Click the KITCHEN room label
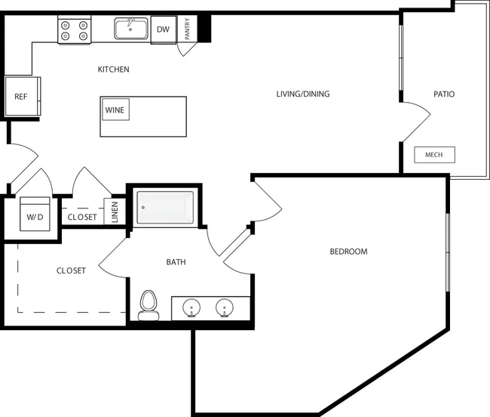[113, 69]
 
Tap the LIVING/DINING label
[302, 94]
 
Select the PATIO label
[443, 94]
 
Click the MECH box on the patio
[434, 155]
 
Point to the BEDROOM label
[348, 252]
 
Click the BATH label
[176, 262]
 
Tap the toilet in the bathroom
[148, 305]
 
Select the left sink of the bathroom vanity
[191, 308]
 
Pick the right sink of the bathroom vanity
[224, 308]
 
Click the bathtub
[164, 207]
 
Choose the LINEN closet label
[115, 212]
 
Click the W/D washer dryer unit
[35, 214]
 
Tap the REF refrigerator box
[21, 97]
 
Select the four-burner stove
[74, 30]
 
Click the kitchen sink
[131, 29]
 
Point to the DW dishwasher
[163, 30]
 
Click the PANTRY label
[187, 29]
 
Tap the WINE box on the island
[115, 110]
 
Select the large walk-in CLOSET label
[71, 270]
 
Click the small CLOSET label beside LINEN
[82, 217]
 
